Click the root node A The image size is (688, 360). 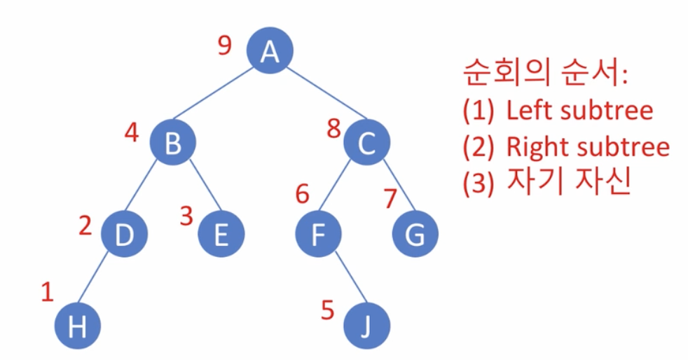click(x=269, y=50)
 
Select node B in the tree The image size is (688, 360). click(x=172, y=143)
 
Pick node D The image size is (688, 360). click(x=124, y=234)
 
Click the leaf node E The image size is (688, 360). click(x=221, y=234)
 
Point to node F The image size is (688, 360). click(x=318, y=234)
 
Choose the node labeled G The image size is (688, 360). click(x=415, y=234)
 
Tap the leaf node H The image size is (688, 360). click(x=77, y=325)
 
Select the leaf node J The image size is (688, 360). click(x=366, y=325)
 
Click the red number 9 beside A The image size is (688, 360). click(x=224, y=46)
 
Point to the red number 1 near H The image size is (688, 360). click(x=47, y=291)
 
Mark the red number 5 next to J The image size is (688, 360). click(x=327, y=309)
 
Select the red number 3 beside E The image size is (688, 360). click(x=186, y=216)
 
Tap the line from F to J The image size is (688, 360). click(x=343, y=281)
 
